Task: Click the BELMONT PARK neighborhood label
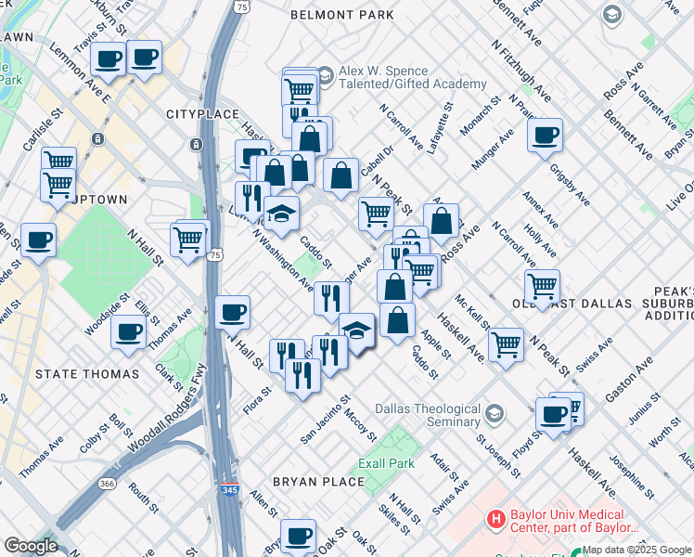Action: [x=341, y=15]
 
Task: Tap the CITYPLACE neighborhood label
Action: [x=197, y=113]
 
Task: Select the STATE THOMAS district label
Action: [x=86, y=374]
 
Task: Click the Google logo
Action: [x=31, y=546]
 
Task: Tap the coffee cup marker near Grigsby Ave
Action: [x=545, y=135]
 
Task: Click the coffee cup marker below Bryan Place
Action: [x=298, y=535]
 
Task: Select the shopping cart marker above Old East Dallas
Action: [x=542, y=284]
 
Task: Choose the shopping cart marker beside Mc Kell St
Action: [x=506, y=343]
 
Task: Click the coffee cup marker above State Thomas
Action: [x=128, y=330]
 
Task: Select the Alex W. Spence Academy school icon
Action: [x=325, y=74]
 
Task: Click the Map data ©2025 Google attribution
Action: [x=636, y=550]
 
